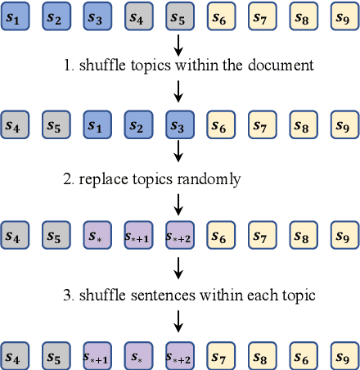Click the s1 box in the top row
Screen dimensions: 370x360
click(x=14, y=16)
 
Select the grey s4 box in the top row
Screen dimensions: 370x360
click(x=138, y=16)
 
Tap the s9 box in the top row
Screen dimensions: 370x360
click(x=344, y=16)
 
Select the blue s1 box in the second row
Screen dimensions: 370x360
click(x=97, y=126)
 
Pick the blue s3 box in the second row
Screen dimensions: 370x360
click(x=180, y=126)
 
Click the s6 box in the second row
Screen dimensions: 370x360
click(x=221, y=126)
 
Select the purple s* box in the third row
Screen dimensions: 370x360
click(x=97, y=237)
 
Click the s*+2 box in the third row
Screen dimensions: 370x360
click(x=180, y=237)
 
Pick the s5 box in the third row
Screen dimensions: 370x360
click(x=56, y=237)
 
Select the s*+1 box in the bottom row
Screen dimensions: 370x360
click(x=97, y=356)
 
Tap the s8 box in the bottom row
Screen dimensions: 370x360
click(x=262, y=356)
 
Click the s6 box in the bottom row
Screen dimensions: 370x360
click(x=304, y=356)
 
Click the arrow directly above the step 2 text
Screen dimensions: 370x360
click(x=179, y=151)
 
